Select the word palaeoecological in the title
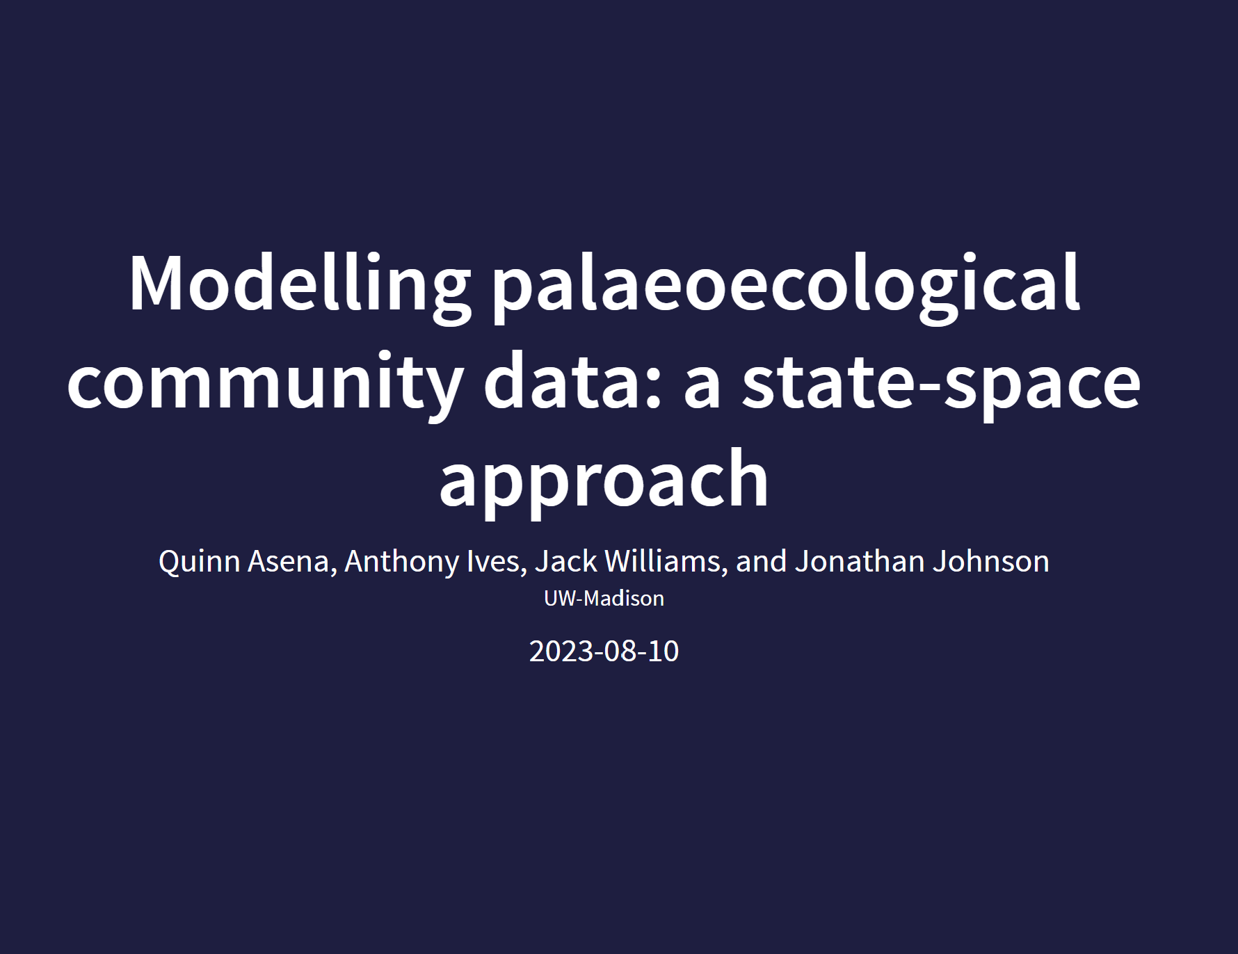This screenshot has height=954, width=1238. click(786, 285)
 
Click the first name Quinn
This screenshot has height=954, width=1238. click(200, 562)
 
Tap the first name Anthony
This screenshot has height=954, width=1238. click(402, 562)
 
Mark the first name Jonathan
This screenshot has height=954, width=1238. click(860, 561)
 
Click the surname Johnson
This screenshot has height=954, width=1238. click(990, 561)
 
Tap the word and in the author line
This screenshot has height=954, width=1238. click(761, 561)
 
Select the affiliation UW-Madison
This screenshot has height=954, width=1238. click(604, 599)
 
